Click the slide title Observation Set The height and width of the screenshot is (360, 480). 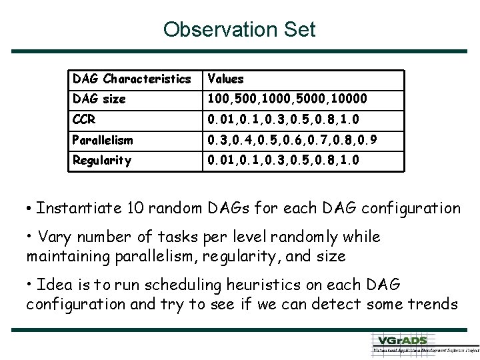(x=239, y=30)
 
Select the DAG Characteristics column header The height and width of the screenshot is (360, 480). (x=131, y=79)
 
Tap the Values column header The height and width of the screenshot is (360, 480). (x=226, y=79)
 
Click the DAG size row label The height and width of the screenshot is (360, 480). (x=99, y=99)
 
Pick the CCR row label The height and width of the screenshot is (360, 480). (x=85, y=120)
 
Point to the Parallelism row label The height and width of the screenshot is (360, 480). (x=103, y=140)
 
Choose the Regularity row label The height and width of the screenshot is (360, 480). (x=102, y=161)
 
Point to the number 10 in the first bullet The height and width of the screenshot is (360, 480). (x=131, y=207)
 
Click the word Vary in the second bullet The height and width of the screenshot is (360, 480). (x=55, y=237)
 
